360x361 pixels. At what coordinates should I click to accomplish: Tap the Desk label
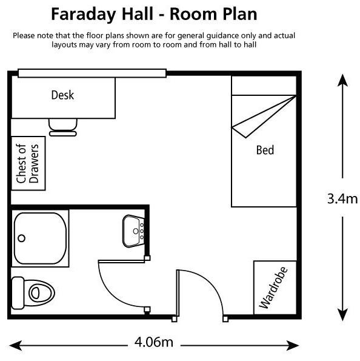click(x=62, y=95)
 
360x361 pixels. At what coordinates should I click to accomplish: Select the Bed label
click(x=265, y=150)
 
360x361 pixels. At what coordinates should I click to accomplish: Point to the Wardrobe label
click(x=273, y=288)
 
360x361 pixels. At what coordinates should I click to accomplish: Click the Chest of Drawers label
click(x=27, y=163)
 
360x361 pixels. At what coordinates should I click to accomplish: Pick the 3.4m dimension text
click(x=342, y=198)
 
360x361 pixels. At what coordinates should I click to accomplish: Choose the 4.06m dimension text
click(x=154, y=342)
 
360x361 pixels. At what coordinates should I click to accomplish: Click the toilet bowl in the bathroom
click(x=39, y=293)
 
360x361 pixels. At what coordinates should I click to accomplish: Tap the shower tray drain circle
click(x=22, y=238)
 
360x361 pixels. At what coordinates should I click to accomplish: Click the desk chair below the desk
click(x=63, y=127)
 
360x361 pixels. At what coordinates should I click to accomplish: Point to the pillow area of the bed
click(x=264, y=86)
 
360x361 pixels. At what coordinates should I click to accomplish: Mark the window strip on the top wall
click(x=92, y=73)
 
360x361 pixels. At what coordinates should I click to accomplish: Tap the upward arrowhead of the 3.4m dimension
click(x=342, y=80)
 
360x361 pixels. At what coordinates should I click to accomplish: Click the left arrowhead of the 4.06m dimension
click(x=15, y=345)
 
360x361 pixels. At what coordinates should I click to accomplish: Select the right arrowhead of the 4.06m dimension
click(x=293, y=345)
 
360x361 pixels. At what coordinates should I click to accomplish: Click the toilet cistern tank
click(x=18, y=293)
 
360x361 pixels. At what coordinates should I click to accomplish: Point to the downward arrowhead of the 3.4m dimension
click(x=342, y=315)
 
